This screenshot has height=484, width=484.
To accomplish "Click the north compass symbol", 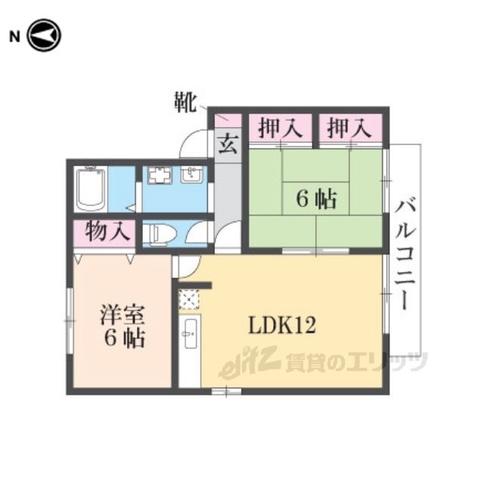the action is tap(44, 36).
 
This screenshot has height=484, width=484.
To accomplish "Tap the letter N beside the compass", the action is tap(14, 37).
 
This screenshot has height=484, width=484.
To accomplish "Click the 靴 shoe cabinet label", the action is tap(185, 102).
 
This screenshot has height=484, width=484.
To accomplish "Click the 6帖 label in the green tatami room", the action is tap(317, 199).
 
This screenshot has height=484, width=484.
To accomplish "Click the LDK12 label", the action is tap(282, 325).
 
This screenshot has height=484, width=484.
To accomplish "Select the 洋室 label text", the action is tap(123, 315).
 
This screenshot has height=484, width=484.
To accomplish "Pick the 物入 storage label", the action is tap(107, 231).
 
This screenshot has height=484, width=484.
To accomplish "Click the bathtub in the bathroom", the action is tap(91, 189).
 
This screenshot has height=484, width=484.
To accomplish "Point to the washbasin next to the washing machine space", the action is tap(192, 175).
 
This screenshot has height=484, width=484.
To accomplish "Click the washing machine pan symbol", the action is tap(160, 175).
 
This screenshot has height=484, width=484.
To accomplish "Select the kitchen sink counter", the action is tap(190, 351).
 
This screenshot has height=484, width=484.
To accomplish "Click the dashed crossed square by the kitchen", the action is tap(189, 299).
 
